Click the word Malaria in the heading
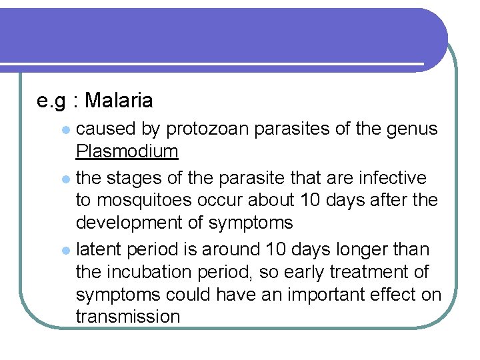click(x=119, y=101)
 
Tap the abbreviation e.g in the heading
click(x=51, y=101)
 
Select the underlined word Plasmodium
click(x=127, y=151)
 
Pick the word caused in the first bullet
click(x=105, y=128)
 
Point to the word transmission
click(x=128, y=316)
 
